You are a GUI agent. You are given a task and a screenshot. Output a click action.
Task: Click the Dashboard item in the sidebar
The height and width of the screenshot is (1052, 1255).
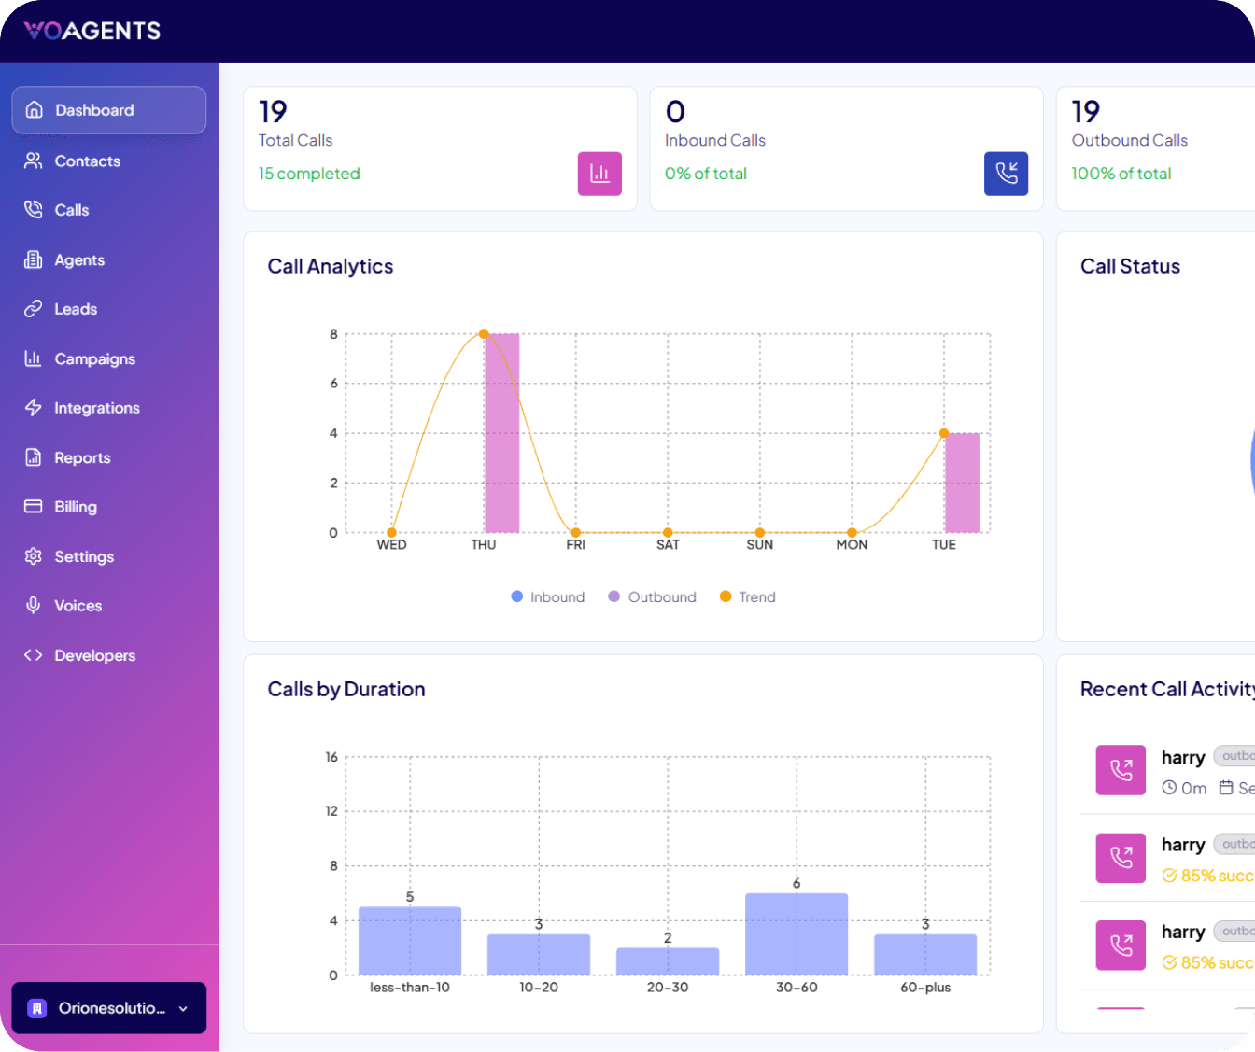[108, 110]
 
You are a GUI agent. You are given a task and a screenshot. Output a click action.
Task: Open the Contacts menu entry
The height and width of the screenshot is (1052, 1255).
[87, 161]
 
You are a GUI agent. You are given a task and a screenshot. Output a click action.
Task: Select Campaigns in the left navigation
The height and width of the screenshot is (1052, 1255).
[94, 359]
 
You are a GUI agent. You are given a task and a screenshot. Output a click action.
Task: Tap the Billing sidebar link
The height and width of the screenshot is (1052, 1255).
[75, 507]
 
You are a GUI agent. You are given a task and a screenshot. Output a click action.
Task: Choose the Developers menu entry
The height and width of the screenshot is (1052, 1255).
[94, 656]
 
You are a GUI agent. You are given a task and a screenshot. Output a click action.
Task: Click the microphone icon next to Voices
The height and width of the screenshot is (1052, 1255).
[34, 606]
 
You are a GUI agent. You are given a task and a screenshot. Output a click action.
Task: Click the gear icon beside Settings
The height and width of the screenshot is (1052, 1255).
[34, 556]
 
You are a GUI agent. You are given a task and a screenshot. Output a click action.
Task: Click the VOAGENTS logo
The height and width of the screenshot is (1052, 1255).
[92, 31]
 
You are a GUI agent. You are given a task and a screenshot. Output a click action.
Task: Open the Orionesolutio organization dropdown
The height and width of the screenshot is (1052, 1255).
[108, 1008]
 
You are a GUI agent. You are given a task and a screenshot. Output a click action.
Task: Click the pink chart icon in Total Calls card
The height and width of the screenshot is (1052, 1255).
[599, 174]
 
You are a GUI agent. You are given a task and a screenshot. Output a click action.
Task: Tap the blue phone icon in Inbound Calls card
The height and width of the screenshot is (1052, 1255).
[1006, 174]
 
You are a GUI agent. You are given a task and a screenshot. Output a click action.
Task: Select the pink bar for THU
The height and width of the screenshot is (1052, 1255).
[501, 433]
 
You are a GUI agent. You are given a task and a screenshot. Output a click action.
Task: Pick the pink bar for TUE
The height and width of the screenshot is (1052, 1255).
[962, 483]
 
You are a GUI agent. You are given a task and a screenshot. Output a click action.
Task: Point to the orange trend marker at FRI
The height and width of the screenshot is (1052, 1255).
[575, 533]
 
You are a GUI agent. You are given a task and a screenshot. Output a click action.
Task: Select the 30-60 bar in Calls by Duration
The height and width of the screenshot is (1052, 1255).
[797, 934]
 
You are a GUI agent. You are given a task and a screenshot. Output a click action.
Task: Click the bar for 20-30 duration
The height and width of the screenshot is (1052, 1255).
[668, 961]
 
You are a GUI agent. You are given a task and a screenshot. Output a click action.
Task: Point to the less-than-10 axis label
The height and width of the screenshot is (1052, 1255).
[409, 988]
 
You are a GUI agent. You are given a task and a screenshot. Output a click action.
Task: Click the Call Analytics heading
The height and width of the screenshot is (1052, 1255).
[331, 267]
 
